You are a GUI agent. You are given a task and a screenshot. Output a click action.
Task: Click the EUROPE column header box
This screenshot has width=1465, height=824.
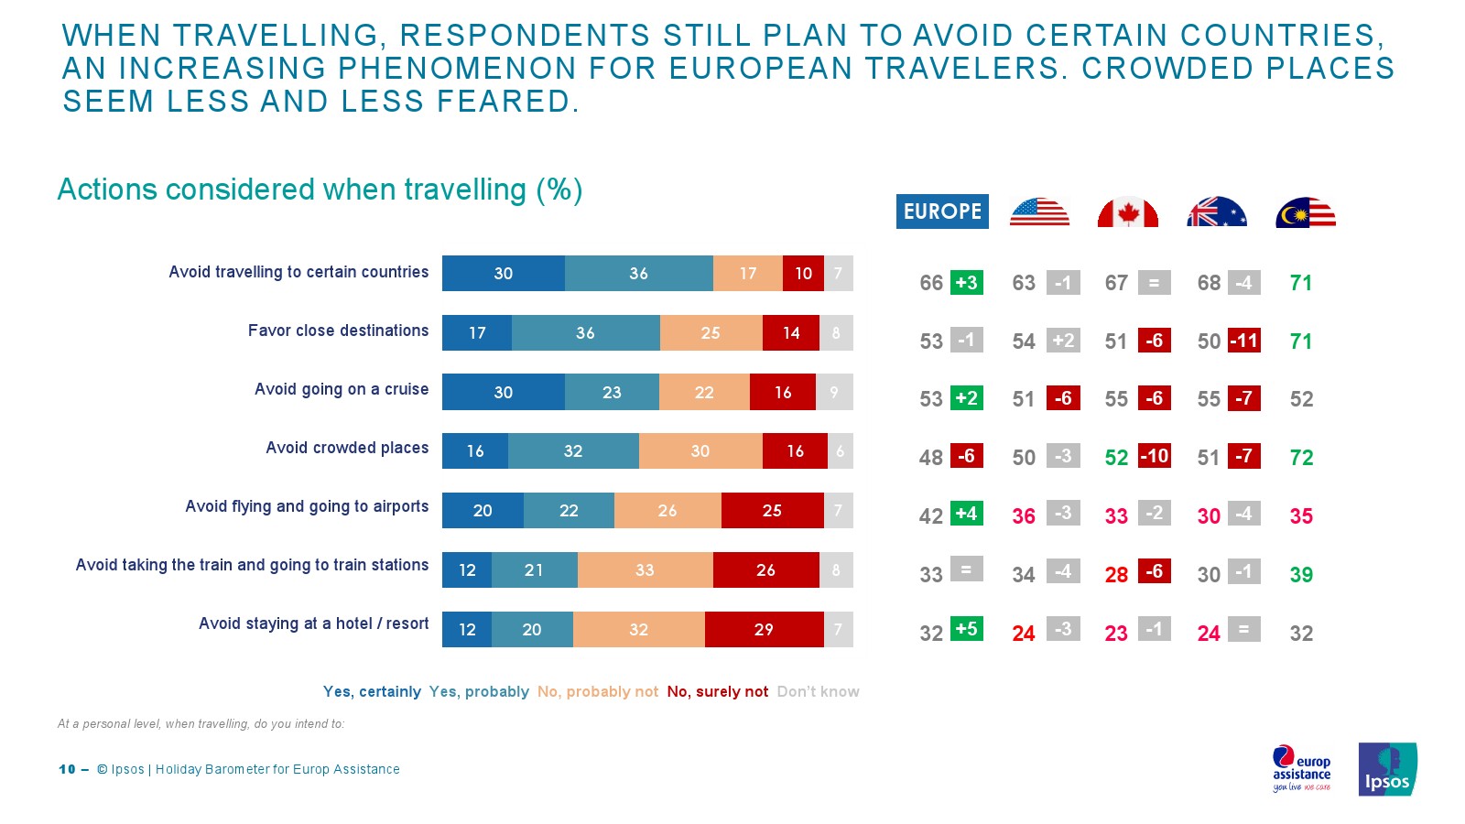pyautogui.click(x=942, y=211)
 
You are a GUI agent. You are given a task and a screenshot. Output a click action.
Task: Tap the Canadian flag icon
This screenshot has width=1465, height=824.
pyautogui.click(x=1127, y=212)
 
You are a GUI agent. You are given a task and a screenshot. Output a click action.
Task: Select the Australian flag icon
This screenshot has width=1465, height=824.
pyautogui.click(x=1216, y=212)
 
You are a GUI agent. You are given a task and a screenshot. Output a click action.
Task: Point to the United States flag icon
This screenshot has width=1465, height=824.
pyautogui.click(x=1039, y=212)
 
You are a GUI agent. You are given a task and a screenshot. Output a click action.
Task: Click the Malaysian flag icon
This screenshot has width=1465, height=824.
pyautogui.click(x=1305, y=212)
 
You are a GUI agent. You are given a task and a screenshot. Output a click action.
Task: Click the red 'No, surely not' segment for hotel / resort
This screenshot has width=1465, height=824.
pyautogui.click(x=764, y=630)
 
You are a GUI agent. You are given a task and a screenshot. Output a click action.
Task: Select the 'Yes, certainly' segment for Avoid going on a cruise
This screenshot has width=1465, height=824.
pyautogui.click(x=503, y=392)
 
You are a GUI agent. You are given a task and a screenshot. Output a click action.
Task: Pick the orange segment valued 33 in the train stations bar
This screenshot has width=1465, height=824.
pyautogui.click(x=645, y=570)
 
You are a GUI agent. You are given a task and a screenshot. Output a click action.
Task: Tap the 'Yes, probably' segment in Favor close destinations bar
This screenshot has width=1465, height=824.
pyautogui.click(x=585, y=333)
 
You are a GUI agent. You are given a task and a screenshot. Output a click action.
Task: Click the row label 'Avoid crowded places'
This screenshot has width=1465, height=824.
pyautogui.click(x=347, y=448)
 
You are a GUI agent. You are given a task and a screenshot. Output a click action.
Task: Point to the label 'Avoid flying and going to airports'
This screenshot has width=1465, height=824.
pyautogui.click(x=307, y=506)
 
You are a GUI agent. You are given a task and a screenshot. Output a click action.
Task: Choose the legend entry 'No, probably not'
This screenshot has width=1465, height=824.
pyautogui.click(x=597, y=692)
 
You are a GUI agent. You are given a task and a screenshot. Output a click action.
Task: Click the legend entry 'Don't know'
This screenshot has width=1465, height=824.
pyautogui.click(x=818, y=692)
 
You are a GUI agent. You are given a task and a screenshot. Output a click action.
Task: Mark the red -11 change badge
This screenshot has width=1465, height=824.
pyautogui.click(x=1243, y=341)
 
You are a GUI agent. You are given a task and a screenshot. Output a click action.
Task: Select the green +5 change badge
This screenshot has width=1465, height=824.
pyautogui.click(x=966, y=629)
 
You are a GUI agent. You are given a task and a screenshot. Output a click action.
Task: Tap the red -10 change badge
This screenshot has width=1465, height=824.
pyautogui.click(x=1154, y=456)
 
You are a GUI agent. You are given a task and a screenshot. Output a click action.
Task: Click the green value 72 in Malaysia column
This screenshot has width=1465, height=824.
pyautogui.click(x=1301, y=458)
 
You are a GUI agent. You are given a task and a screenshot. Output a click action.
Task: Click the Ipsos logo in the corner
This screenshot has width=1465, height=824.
pyautogui.click(x=1387, y=769)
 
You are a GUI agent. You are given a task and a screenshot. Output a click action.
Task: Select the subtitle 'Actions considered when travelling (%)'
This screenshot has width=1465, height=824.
pyautogui.click(x=320, y=190)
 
